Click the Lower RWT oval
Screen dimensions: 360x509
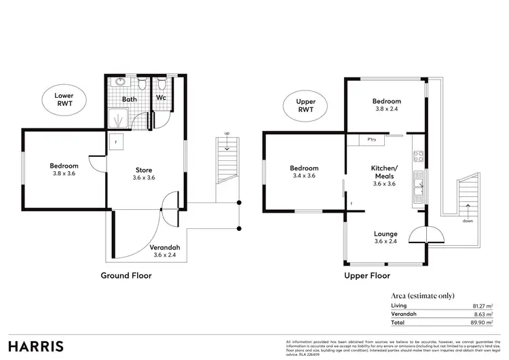(x=64, y=101)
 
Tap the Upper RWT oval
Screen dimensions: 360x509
(x=306, y=105)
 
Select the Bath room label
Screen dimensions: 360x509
(x=129, y=99)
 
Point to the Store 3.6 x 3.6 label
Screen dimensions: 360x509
(x=143, y=174)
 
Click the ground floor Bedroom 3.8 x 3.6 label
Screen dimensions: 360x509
(x=64, y=170)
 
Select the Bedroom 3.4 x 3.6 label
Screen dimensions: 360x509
(x=304, y=172)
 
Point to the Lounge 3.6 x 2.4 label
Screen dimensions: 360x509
(x=385, y=238)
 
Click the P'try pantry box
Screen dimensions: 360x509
(x=372, y=140)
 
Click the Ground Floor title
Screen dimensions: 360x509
(x=126, y=276)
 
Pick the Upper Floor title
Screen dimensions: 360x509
(x=367, y=276)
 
